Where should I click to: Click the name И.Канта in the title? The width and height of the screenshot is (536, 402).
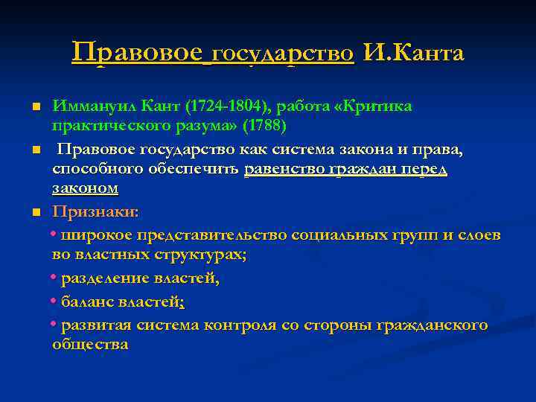point(415,54)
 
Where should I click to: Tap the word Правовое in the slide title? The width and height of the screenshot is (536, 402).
point(137,54)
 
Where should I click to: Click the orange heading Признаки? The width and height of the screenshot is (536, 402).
point(95,212)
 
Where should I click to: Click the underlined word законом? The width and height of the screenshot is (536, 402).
point(85,188)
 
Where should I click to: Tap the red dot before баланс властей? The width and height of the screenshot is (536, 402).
point(54,301)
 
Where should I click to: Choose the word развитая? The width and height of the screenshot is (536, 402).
point(93,325)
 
